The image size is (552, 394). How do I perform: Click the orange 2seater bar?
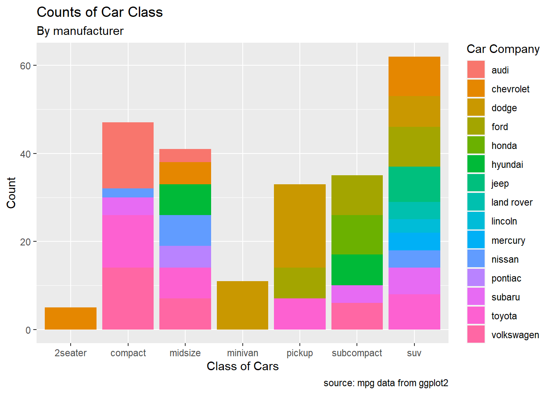tap(71, 318)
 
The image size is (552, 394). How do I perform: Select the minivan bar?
tap(242, 305)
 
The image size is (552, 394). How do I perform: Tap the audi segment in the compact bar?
tap(128, 155)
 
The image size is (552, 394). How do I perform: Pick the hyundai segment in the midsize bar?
tap(185, 199)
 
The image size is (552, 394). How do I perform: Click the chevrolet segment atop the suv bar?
tap(414, 76)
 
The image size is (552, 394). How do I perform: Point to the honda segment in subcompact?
tap(357, 234)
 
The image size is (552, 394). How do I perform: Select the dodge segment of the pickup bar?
tap(300, 226)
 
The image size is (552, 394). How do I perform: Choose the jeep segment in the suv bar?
tap(414, 184)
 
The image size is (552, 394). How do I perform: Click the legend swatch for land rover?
tap(476, 202)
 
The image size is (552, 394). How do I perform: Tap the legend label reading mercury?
tap(508, 241)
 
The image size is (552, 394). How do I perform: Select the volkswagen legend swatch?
tap(476, 334)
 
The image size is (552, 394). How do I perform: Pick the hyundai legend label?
tap(507, 165)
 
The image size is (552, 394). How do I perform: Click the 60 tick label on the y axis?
tap(25, 66)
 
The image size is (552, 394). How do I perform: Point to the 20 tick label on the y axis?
tap(25, 242)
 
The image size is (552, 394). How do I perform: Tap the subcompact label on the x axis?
tap(357, 353)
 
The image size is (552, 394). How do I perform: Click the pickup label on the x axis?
tap(300, 353)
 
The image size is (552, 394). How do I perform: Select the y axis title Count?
tap(11, 192)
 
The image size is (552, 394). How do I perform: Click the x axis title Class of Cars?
tap(242, 366)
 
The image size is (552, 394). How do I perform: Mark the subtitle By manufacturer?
tap(80, 31)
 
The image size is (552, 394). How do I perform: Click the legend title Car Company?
tap(503, 49)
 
